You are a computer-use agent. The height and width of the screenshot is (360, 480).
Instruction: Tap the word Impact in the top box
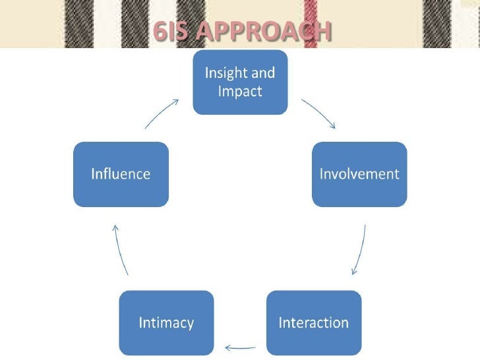coord(240,90)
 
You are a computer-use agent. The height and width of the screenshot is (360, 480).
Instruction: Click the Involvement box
coord(359,174)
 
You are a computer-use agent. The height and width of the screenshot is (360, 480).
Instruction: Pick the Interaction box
coord(314,323)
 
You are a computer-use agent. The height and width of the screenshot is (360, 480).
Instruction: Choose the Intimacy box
coord(166,323)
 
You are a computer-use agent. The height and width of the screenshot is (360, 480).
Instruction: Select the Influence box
coord(121,174)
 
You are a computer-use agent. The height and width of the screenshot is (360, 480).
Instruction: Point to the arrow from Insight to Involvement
coord(319,114)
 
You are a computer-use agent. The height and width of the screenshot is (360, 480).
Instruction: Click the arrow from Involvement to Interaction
coord(359,250)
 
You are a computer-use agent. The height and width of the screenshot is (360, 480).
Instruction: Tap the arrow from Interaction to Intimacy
coord(241,344)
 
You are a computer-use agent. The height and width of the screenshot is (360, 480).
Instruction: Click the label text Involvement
coord(359,174)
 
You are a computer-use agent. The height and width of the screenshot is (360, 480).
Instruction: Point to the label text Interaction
coord(314,323)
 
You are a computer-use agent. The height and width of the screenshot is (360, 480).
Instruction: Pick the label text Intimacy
coord(166,323)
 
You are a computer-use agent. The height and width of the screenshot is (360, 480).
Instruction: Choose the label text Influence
coord(121,174)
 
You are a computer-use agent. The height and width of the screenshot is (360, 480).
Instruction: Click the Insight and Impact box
coord(240,82)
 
